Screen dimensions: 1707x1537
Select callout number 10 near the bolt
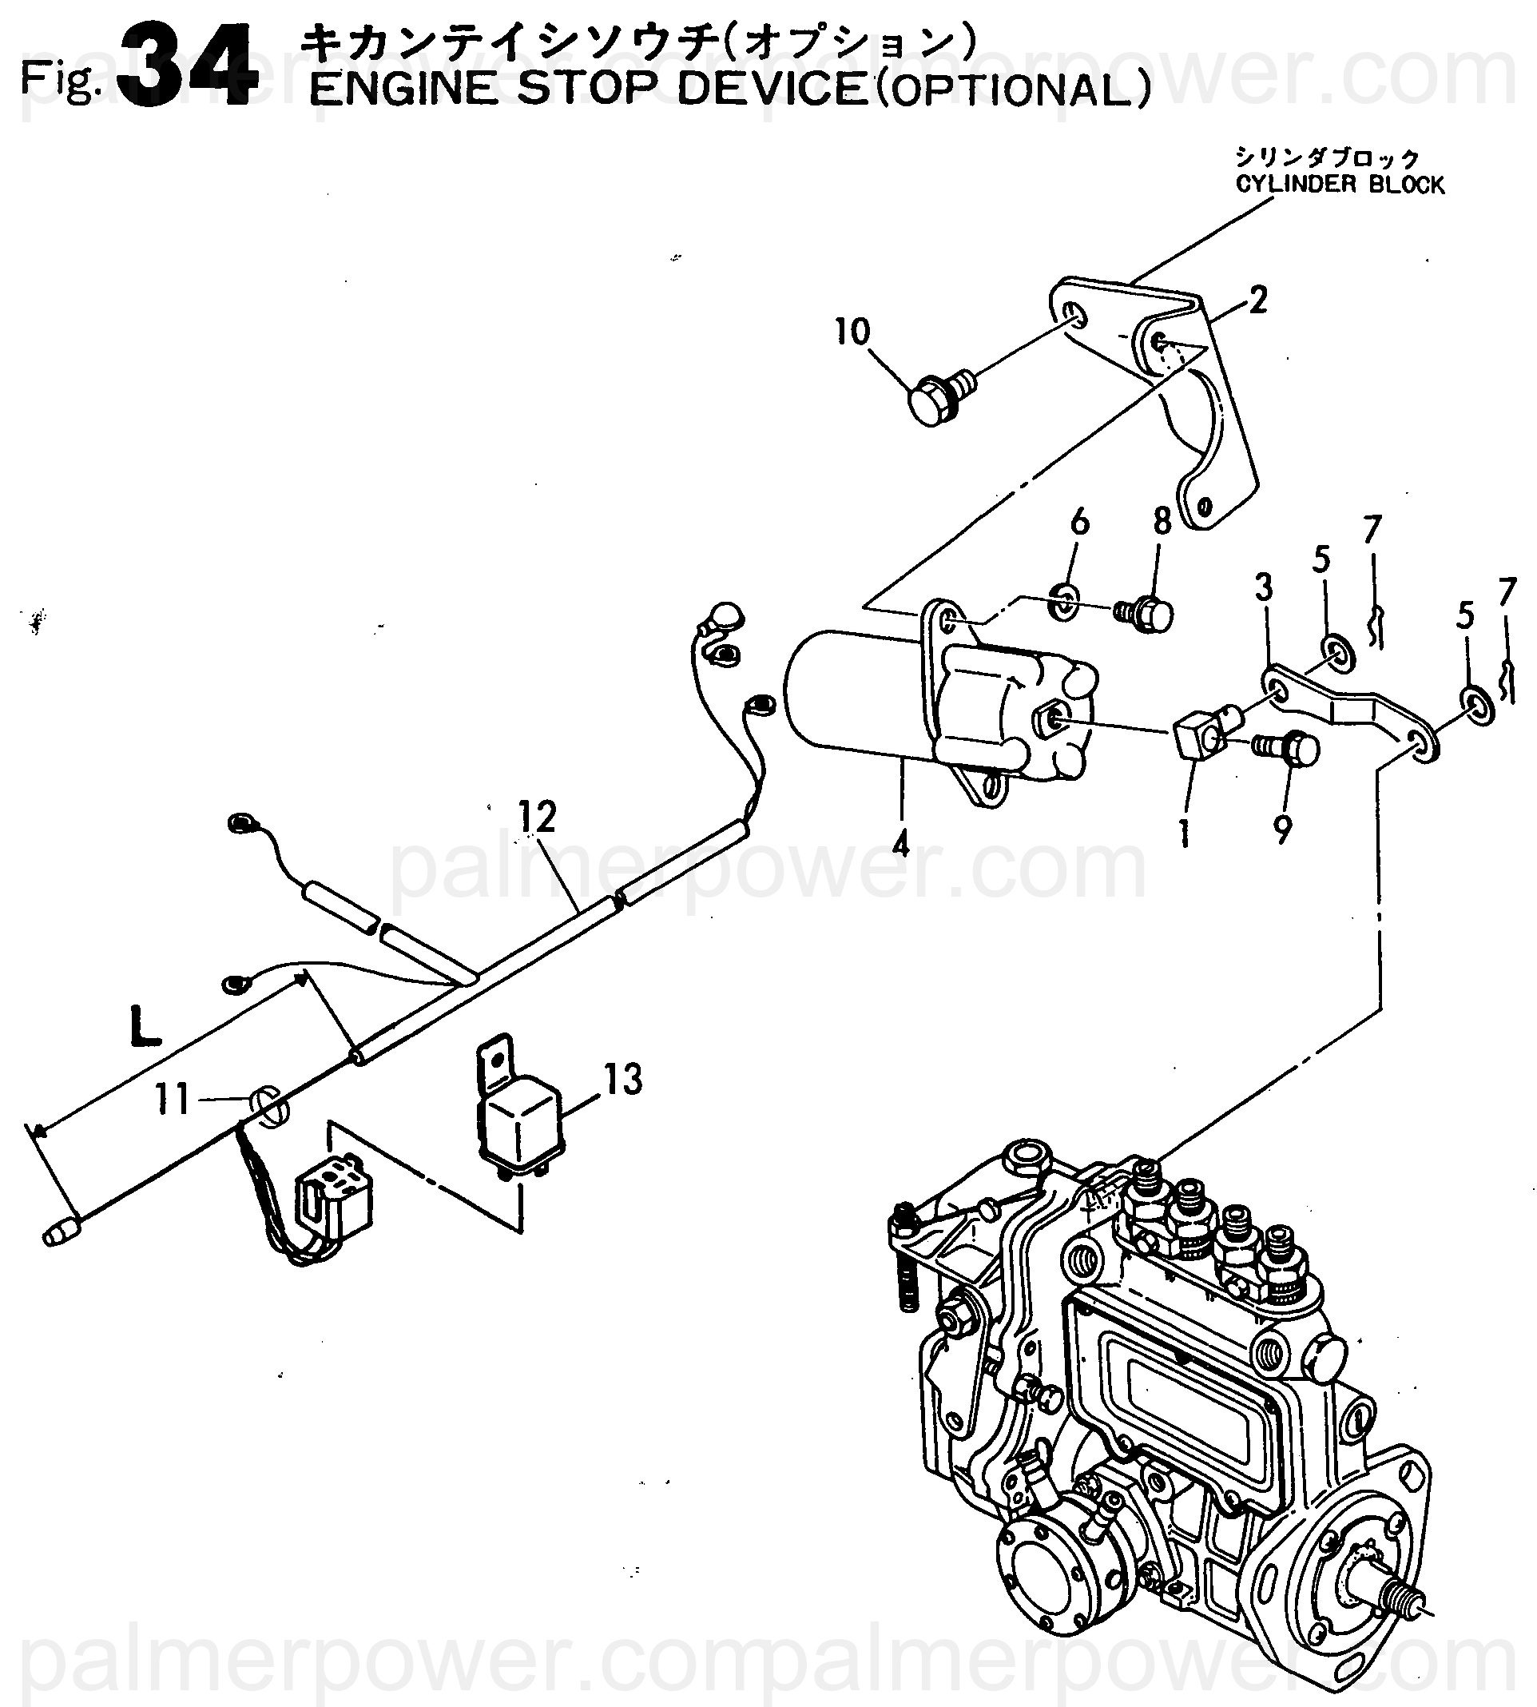coord(852,332)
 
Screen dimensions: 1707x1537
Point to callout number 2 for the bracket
coord(1257,300)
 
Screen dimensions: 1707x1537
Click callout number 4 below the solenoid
coord(901,842)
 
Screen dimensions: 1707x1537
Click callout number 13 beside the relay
coord(623,1080)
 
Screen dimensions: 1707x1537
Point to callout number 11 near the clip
coord(173,1099)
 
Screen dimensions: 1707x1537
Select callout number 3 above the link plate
coord(1262,587)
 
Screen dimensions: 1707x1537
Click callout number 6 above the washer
coord(1080,523)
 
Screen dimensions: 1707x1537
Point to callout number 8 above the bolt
coord(1162,523)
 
